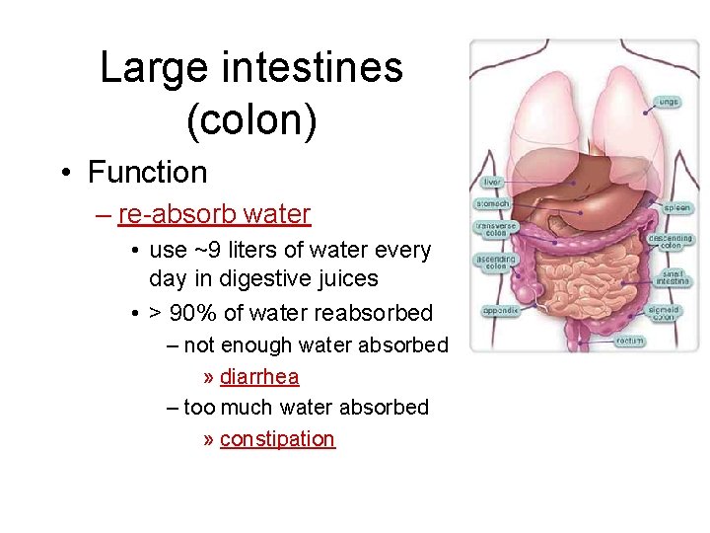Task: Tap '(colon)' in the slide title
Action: coord(251,120)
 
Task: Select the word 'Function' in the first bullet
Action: coord(147,173)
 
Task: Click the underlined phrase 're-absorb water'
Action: coord(214,214)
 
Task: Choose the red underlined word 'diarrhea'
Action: coord(259,377)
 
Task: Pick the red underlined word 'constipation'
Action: coord(277,439)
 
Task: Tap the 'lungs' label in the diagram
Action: coord(670,102)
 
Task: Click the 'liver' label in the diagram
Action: coord(492,183)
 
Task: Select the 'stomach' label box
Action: coord(493,204)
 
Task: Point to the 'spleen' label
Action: coord(676,209)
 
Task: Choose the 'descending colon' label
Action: coord(672,241)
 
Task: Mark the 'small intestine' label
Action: coord(674,278)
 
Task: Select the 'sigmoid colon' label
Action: coord(665,314)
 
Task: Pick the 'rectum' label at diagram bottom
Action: coord(629,341)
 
